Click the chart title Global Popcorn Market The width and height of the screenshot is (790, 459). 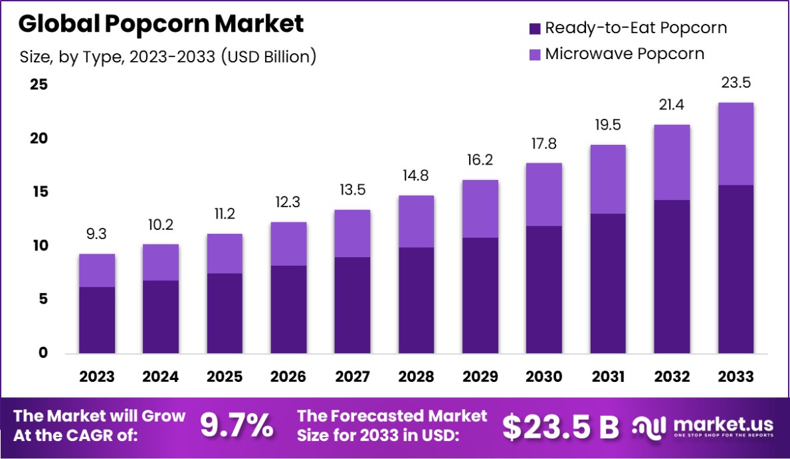pos(161,24)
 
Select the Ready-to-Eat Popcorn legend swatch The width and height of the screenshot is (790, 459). pos(534,29)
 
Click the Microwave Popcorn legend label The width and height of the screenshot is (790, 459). pos(625,54)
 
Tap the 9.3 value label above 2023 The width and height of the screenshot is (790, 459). pos(96,234)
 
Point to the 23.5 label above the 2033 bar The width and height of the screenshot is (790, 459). pos(736,83)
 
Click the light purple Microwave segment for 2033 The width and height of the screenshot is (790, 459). pos(736,143)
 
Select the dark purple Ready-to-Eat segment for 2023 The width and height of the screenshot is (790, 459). pos(96,320)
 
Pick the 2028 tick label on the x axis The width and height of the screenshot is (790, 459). pos(416,377)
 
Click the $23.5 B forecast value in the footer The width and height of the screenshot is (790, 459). pos(560,427)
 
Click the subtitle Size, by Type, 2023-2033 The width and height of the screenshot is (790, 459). pos(167,57)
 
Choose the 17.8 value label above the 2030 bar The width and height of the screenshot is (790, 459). pos(544,143)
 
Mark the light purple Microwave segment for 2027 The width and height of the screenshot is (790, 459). pos(352,233)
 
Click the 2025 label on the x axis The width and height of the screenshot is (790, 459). pos(224,377)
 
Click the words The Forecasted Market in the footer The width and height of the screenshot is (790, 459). pos(392,416)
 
